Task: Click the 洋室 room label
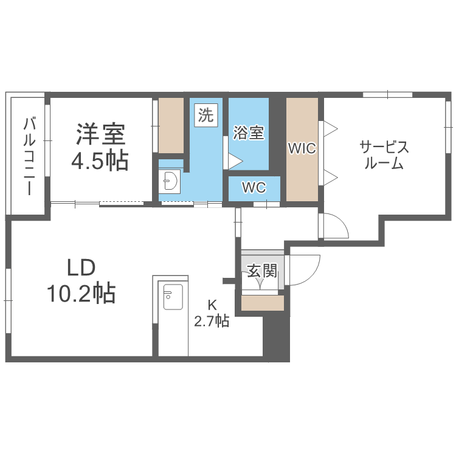(x=100, y=133)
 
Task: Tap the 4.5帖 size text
(x=100, y=161)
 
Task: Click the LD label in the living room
(x=81, y=268)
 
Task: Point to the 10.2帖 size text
(x=81, y=294)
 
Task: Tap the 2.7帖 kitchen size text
(x=212, y=321)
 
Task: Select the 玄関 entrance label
(x=262, y=270)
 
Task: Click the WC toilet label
(x=254, y=188)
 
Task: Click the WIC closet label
(x=302, y=148)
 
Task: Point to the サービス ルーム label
(x=384, y=155)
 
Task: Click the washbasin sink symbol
(x=170, y=181)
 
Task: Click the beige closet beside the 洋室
(x=171, y=125)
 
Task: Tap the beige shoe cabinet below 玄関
(x=263, y=303)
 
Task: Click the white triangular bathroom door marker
(x=234, y=161)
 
